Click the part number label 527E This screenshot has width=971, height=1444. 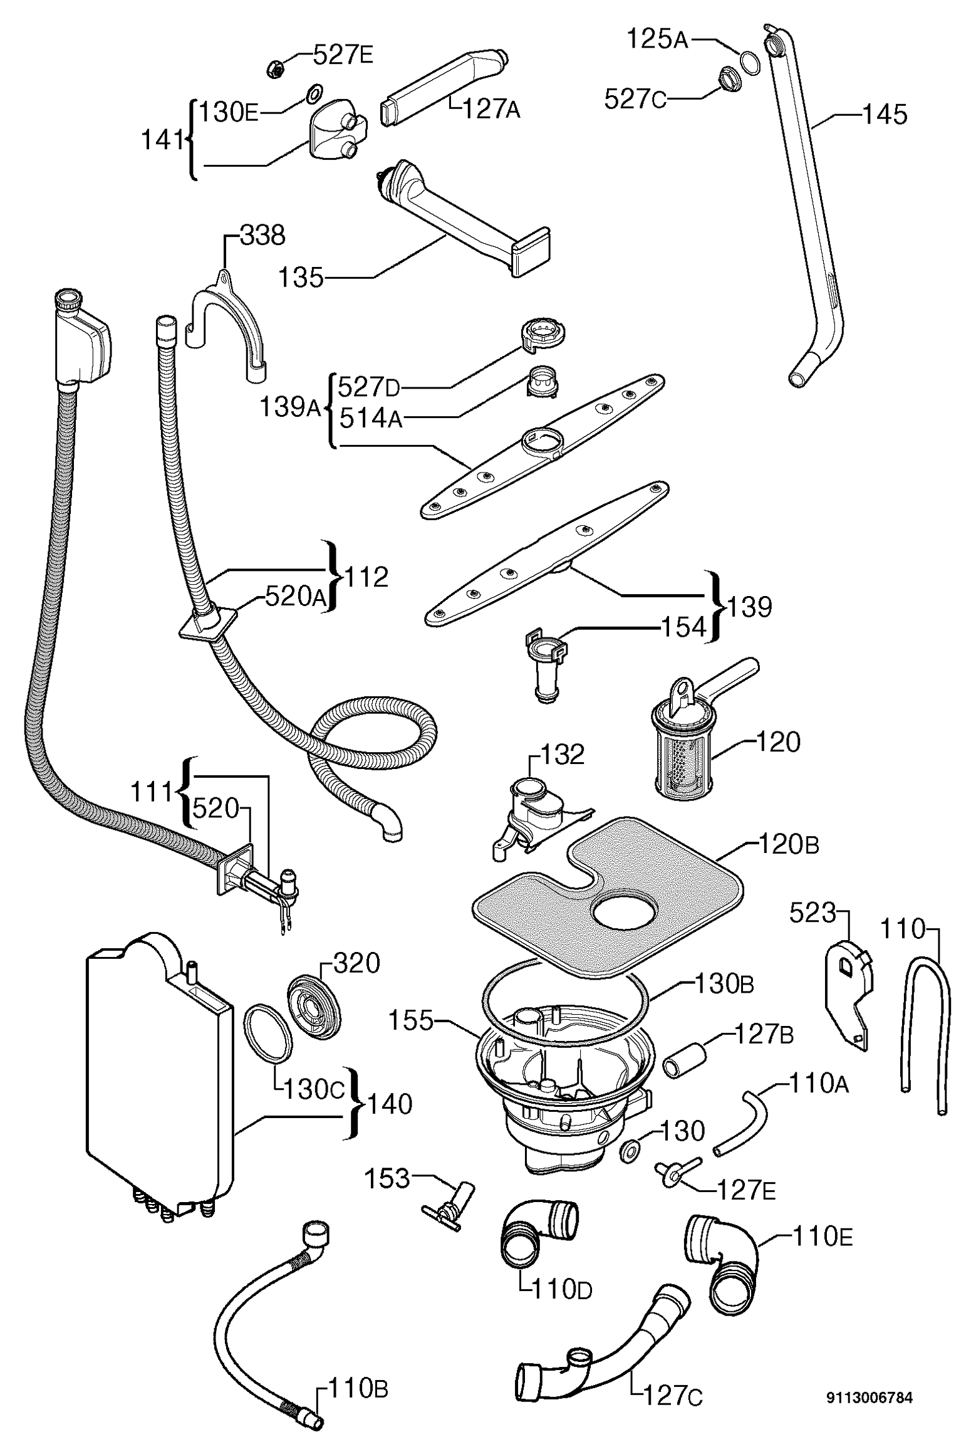[x=343, y=56]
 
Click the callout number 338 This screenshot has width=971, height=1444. [x=262, y=236]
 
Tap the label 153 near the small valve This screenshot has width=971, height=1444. [x=387, y=1179]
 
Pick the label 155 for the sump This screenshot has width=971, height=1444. [x=411, y=1021]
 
